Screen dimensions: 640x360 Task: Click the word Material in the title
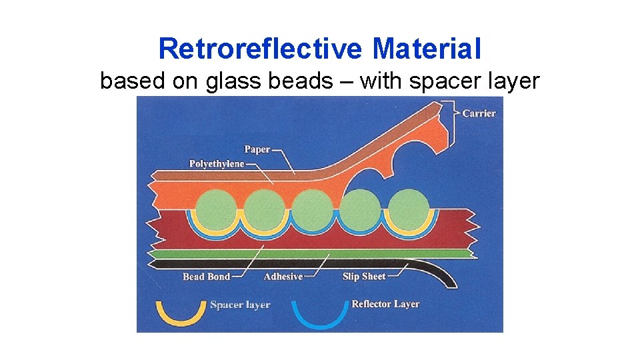[x=427, y=49]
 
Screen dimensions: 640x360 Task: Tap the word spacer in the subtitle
[x=437, y=81]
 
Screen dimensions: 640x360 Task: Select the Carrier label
[x=479, y=113]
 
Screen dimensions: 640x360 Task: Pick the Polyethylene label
[x=217, y=164]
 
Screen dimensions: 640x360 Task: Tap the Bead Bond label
[x=206, y=277]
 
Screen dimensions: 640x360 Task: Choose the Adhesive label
[x=283, y=277]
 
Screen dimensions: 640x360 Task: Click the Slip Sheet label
[x=364, y=277]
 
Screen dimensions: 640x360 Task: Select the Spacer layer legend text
[x=240, y=305]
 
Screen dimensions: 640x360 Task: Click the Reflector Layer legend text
[x=385, y=304]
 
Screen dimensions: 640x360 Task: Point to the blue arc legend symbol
[x=320, y=314]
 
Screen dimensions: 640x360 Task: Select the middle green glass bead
[x=312, y=209]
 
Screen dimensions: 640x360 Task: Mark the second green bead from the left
[x=263, y=209]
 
